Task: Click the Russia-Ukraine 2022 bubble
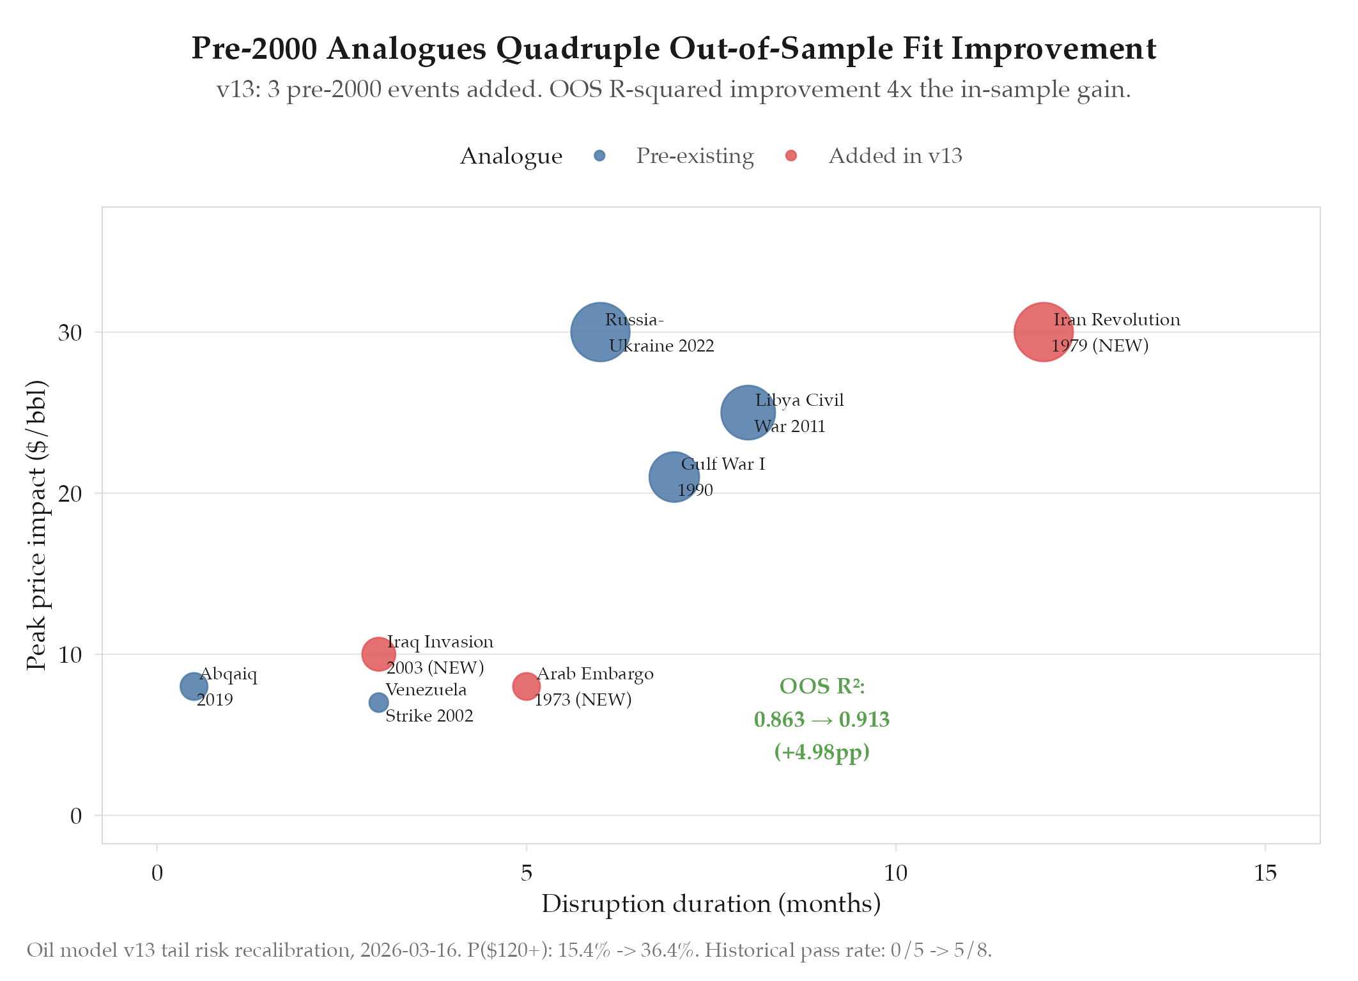[599, 332]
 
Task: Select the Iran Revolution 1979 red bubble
[1043, 332]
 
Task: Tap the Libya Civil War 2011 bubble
[747, 412]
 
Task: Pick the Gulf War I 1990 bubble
[674, 477]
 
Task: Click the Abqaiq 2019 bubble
[194, 686]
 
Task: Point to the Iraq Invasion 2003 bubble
[378, 654]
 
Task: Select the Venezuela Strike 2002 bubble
[378, 702]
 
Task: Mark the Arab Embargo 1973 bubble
[526, 686]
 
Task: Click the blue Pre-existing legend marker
[599, 156]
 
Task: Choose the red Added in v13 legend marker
[791, 156]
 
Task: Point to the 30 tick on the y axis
[70, 333]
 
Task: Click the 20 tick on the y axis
[70, 494]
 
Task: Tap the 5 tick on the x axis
[526, 873]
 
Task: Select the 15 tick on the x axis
[1265, 873]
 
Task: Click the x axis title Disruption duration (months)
[711, 904]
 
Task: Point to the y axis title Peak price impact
[37, 525]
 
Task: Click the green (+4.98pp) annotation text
[822, 752]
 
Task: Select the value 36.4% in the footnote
[668, 950]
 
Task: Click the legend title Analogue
[511, 157]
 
